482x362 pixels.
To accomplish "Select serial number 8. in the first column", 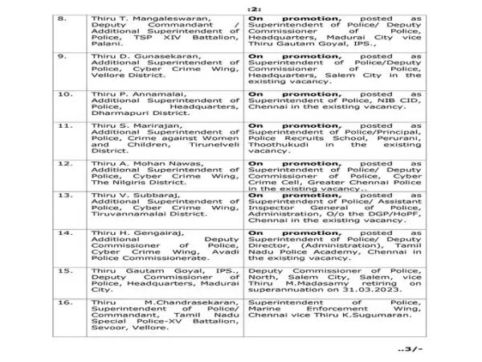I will point(73,17).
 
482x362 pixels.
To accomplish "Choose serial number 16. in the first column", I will point(74,302).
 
